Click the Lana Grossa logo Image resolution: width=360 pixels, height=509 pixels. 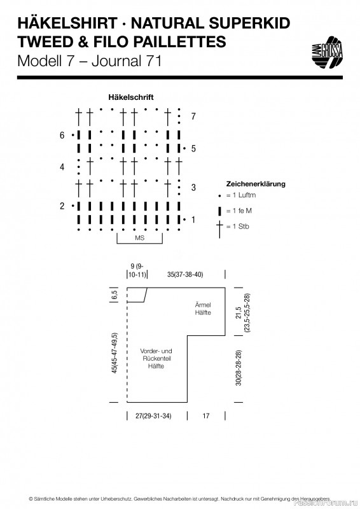327,52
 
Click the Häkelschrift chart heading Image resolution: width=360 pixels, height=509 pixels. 131,97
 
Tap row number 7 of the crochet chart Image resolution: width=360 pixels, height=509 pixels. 193,116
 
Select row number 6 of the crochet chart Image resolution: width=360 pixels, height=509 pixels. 62,135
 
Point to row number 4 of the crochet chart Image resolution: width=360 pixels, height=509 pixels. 62,167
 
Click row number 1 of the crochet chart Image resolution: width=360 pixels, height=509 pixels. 193,220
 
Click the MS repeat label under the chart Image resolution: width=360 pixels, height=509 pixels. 139,238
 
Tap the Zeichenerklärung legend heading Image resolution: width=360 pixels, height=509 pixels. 256,184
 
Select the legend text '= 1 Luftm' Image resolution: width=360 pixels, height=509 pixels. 241,195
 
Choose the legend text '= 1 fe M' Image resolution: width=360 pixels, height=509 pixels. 239,211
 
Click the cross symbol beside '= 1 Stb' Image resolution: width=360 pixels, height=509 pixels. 220,229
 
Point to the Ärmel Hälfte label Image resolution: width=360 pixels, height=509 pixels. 203,309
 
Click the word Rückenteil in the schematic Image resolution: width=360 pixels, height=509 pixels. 157,358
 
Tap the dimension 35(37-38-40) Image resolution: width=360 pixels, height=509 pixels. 185,274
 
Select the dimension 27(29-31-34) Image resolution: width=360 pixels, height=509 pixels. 153,416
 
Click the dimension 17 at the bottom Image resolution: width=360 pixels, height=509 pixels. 206,416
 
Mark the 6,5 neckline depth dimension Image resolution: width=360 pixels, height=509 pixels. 114,295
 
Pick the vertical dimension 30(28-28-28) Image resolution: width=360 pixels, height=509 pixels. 239,368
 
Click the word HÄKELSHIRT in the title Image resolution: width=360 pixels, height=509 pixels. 67,24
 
